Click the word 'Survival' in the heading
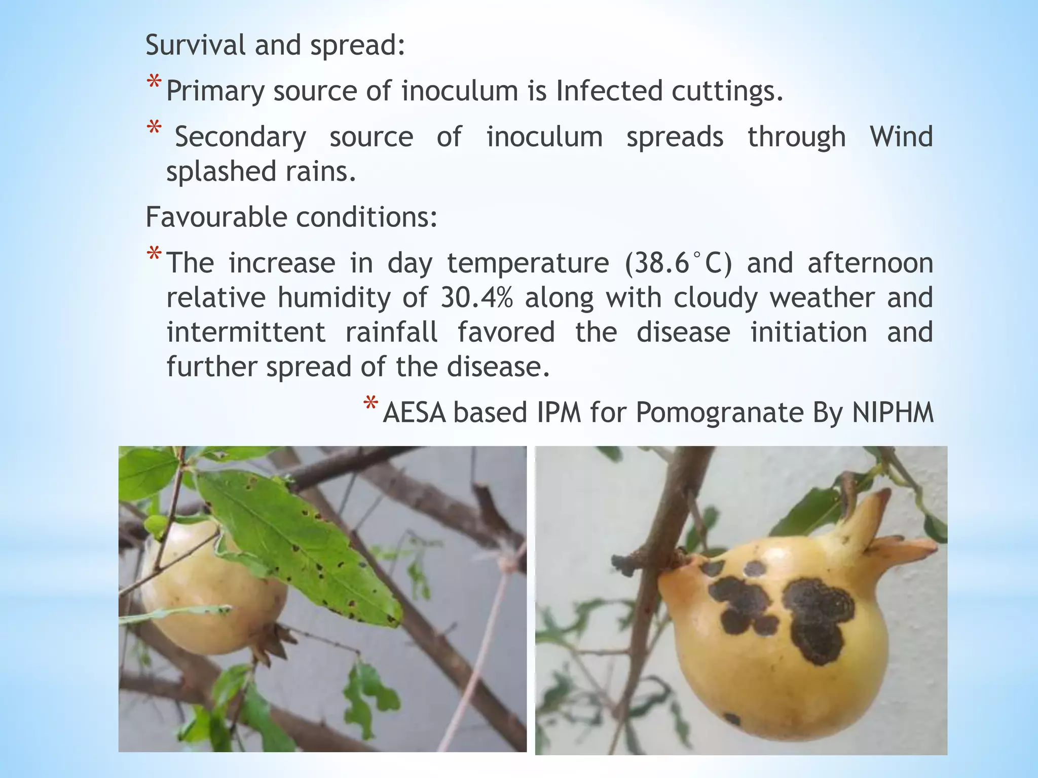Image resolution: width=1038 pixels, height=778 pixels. pyautogui.click(x=196, y=45)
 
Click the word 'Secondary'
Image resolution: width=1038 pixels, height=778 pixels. pyautogui.click(x=240, y=137)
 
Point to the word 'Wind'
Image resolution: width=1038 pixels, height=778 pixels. pyautogui.click(x=901, y=137)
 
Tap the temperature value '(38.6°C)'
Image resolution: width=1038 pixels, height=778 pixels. pyautogui.click(x=679, y=263)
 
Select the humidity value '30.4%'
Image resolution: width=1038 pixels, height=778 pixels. pyautogui.click(x=476, y=298)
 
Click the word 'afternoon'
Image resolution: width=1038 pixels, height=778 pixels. pyautogui.click(x=870, y=263)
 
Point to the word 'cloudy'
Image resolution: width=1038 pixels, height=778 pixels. pyautogui.click(x=716, y=298)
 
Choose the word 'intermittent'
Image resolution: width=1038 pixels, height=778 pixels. pyautogui.click(x=246, y=332)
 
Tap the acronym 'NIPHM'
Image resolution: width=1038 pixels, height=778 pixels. pyautogui.click(x=893, y=412)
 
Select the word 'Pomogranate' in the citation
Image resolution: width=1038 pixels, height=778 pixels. pyautogui.click(x=720, y=412)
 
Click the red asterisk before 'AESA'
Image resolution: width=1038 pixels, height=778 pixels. pyautogui.click(x=370, y=405)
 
